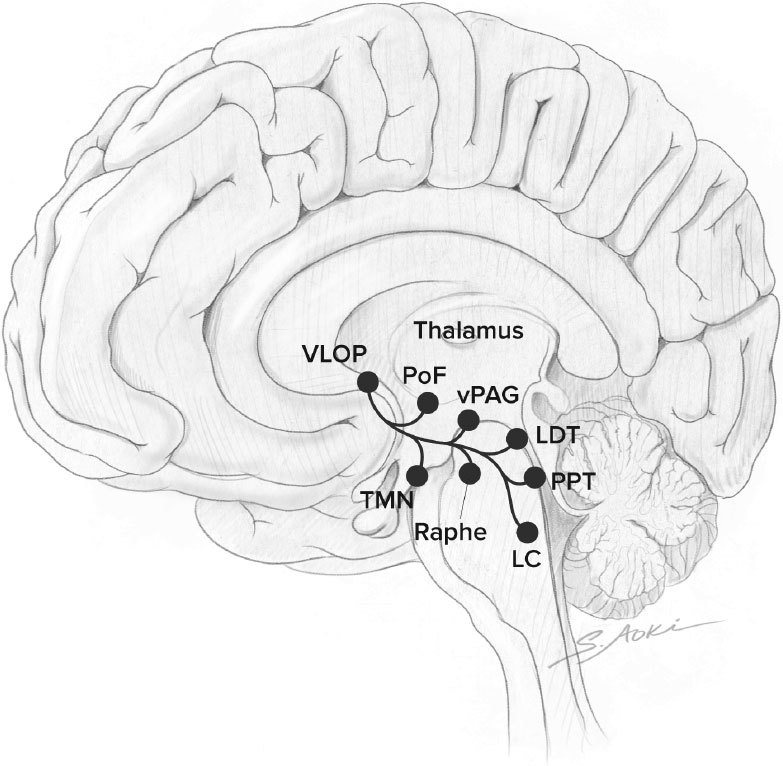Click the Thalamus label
point(468,331)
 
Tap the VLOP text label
point(333,353)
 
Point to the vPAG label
point(488,394)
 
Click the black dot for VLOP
point(367,381)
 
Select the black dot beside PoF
point(427,402)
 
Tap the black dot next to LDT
point(516,439)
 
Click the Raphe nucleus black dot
point(470,472)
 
